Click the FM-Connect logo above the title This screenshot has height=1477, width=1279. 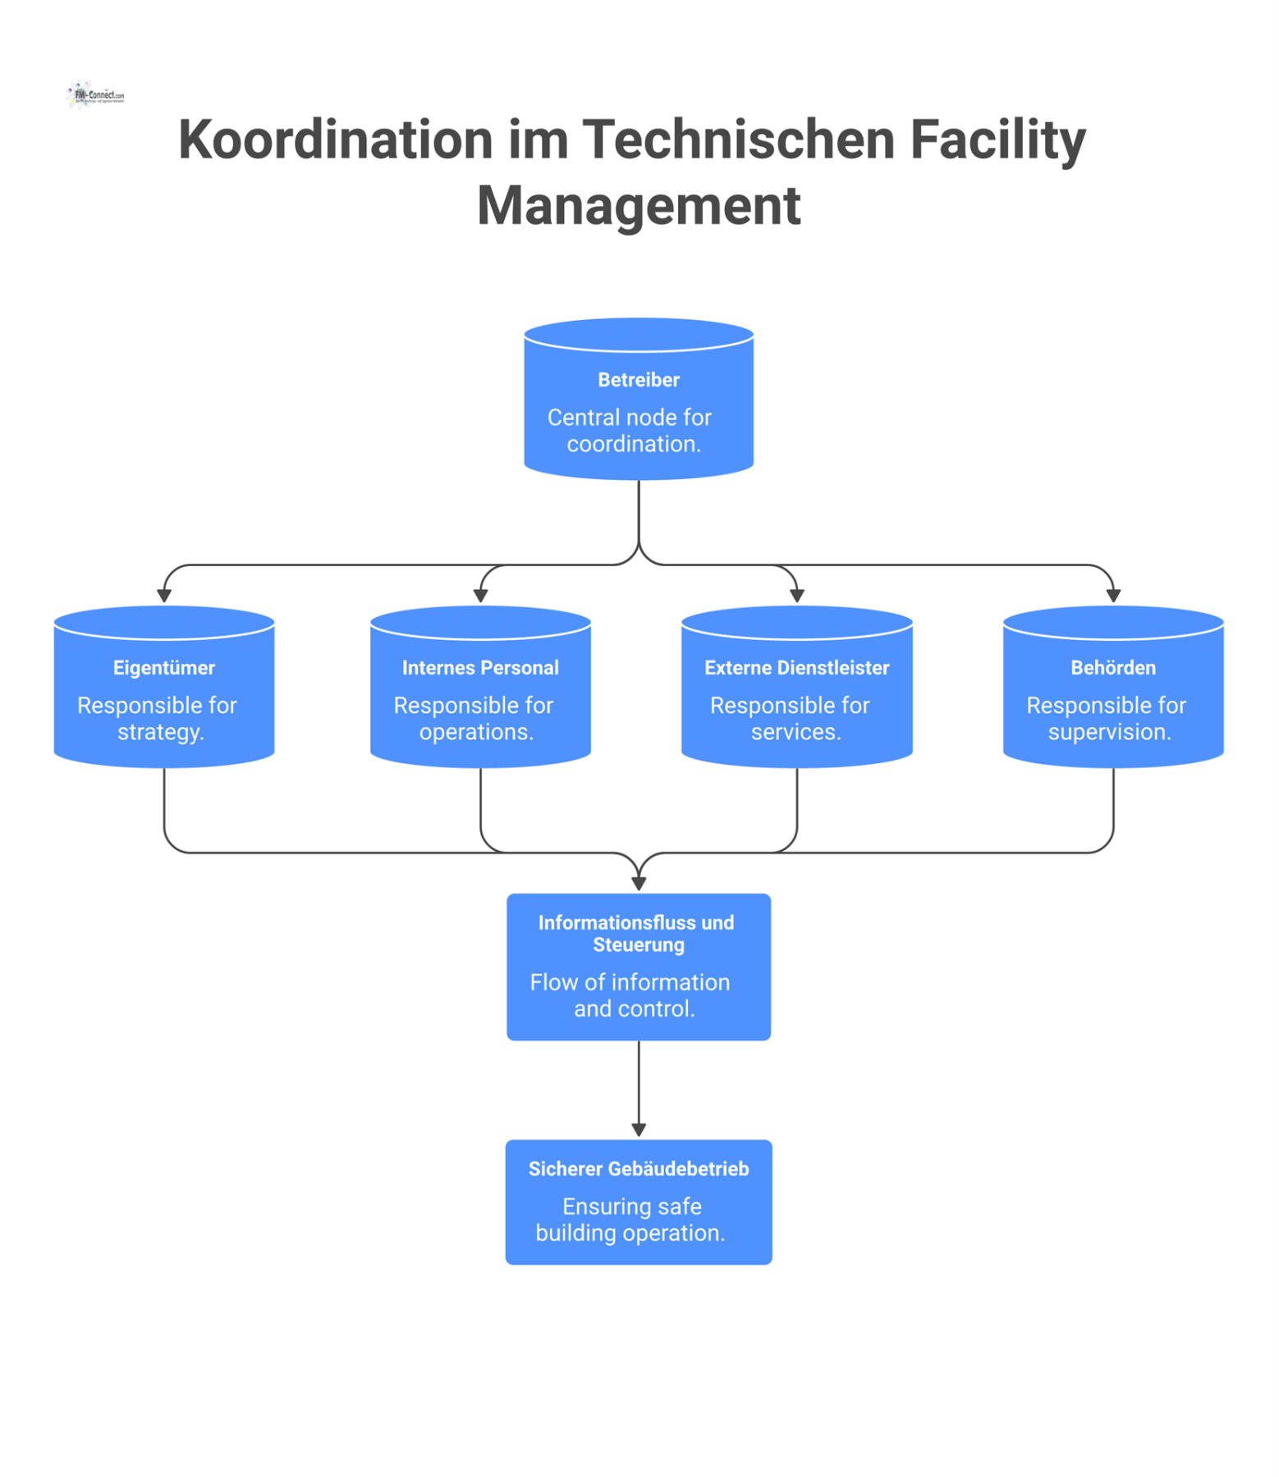[x=95, y=95]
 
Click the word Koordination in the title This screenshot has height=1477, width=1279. [x=335, y=139]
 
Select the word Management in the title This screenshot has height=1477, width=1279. [x=639, y=205]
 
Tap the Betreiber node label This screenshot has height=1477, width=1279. [x=639, y=380]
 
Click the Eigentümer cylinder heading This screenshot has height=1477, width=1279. [x=164, y=668]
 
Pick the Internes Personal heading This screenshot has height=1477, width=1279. [x=480, y=668]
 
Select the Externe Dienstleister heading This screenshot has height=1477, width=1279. [x=796, y=668]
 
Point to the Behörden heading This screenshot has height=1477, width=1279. [x=1112, y=668]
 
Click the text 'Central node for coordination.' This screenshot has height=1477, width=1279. [x=630, y=431]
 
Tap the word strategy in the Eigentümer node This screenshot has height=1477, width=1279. [x=159, y=732]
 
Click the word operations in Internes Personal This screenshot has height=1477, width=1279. [x=475, y=732]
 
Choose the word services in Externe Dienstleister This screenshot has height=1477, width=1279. [x=795, y=732]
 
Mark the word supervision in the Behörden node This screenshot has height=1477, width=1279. [x=1108, y=732]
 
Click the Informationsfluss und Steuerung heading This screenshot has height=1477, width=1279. [x=637, y=934]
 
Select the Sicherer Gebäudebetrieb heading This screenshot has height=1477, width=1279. [x=639, y=1168]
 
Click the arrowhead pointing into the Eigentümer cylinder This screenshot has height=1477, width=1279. [x=164, y=596]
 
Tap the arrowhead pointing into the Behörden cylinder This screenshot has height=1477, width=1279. [x=1113, y=596]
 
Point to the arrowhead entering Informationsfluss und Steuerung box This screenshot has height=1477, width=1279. [x=639, y=884]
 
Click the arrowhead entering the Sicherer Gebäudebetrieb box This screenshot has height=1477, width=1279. [x=639, y=1130]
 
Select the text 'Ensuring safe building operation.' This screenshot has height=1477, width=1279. [x=630, y=1220]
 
